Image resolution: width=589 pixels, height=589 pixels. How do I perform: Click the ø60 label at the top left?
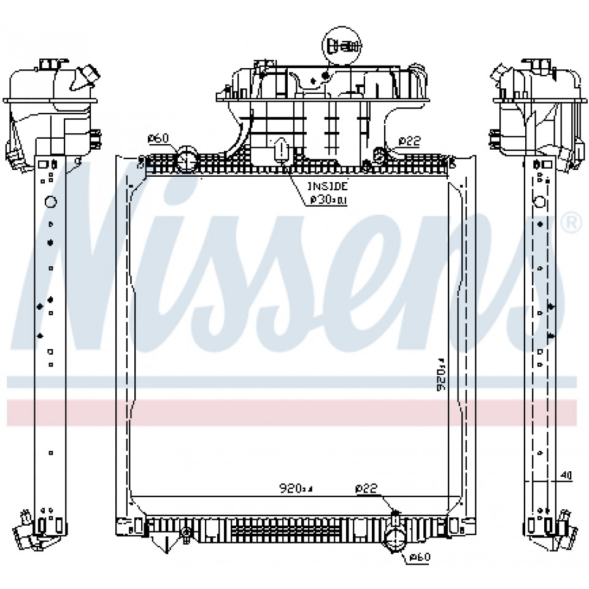tap(158, 139)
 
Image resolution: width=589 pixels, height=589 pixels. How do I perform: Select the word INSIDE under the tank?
tap(328, 185)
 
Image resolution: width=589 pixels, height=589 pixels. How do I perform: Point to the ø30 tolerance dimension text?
tap(328, 199)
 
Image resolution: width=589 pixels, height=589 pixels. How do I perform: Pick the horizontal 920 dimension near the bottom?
tap(296, 489)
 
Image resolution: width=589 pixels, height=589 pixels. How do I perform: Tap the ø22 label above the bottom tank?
tap(366, 488)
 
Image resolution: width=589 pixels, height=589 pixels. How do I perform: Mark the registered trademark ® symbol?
tap(572, 222)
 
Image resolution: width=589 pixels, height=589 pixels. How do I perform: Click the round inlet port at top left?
tap(187, 161)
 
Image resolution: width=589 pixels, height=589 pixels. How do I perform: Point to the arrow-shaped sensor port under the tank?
tap(281, 149)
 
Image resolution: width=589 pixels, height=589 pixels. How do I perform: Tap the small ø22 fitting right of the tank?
tap(380, 155)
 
